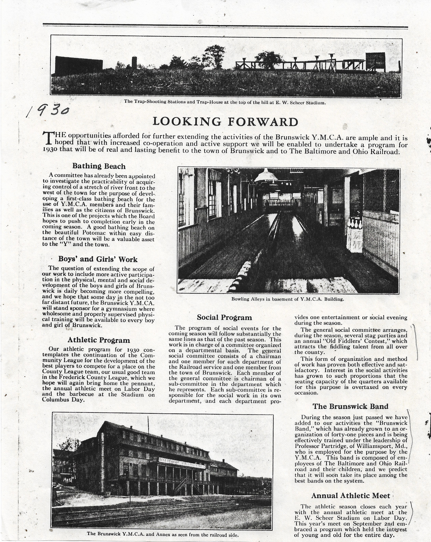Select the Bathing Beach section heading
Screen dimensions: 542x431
coord(99,166)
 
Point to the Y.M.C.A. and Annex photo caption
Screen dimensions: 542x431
coord(162,534)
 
